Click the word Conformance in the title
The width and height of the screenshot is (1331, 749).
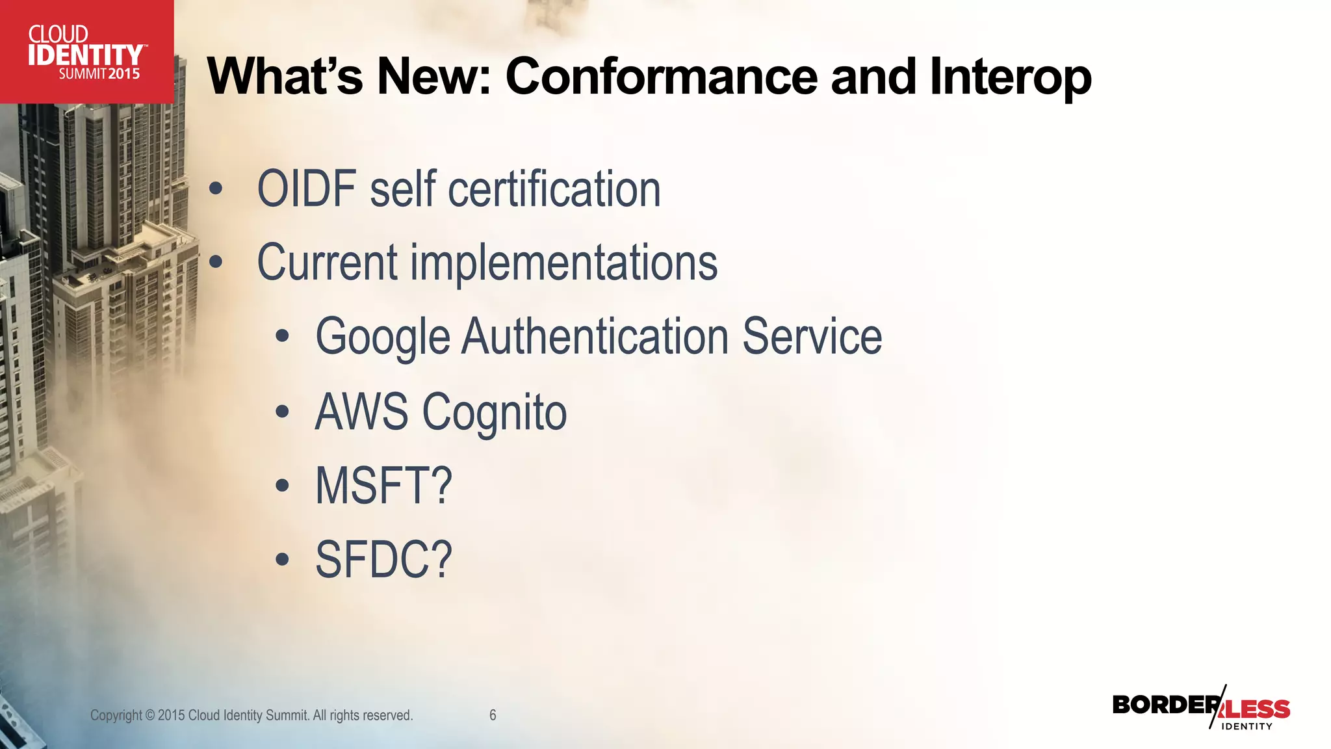661,77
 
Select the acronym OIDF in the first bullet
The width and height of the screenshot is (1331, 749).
307,189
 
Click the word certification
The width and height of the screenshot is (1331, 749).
554,189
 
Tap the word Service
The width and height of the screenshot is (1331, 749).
812,337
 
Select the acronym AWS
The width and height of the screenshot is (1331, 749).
361,412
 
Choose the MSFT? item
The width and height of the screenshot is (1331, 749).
383,486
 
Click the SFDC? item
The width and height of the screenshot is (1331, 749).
383,560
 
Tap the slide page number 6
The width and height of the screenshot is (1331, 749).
493,715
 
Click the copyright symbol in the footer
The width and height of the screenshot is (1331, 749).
150,716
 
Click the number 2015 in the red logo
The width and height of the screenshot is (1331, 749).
123,74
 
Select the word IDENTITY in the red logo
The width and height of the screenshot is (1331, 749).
85,55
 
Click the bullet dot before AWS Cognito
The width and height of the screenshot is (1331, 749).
281,412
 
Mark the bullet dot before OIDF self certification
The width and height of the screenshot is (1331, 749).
216,189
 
